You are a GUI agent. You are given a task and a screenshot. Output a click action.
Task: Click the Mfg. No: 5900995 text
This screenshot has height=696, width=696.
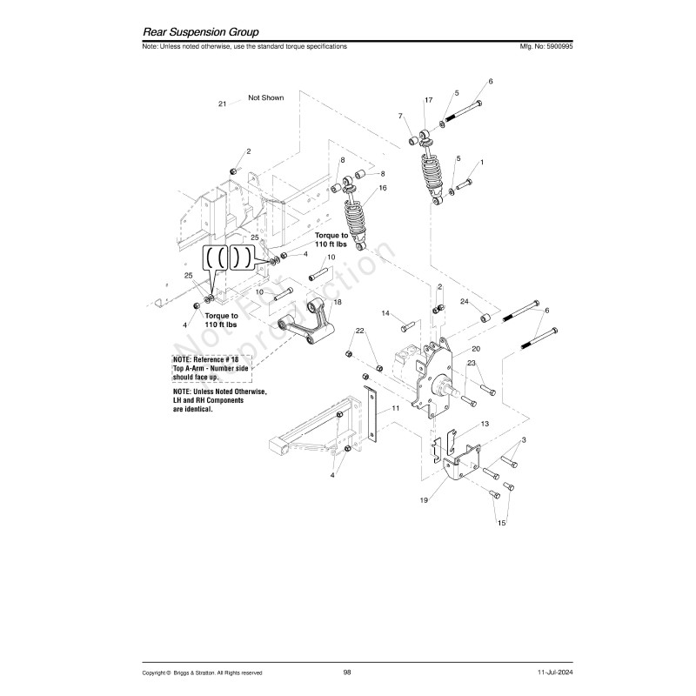coord(545,46)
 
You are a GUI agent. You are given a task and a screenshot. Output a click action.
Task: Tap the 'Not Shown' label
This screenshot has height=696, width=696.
coord(266,98)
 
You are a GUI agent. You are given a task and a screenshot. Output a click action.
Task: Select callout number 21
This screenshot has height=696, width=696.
coord(223,104)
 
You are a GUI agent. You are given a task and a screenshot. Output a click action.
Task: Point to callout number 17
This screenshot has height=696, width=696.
coord(428,101)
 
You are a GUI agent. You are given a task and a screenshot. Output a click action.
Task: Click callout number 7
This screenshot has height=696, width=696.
coord(401,116)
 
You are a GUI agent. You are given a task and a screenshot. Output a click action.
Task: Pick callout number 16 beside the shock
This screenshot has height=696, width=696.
coord(383,188)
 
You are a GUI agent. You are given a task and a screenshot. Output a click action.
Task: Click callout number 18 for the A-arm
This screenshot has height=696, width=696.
coord(338,301)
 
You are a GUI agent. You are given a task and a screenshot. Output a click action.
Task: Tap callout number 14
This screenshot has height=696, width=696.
coord(385,312)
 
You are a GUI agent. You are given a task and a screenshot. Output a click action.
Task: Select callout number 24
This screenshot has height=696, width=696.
coord(465,302)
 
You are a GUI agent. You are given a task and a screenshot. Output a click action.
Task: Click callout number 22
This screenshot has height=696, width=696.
coord(359,331)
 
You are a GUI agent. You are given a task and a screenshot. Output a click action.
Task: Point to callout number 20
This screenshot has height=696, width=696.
coord(476,348)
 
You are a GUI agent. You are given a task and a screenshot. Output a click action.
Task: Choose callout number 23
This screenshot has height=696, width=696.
coord(471,363)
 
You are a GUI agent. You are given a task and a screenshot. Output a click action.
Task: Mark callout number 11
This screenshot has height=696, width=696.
coord(395,407)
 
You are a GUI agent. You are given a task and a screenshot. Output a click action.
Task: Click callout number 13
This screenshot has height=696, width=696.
coord(485,423)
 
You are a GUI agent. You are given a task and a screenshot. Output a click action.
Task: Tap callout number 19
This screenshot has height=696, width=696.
coord(424,501)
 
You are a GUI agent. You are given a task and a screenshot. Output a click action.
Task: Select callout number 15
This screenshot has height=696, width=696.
coord(501,524)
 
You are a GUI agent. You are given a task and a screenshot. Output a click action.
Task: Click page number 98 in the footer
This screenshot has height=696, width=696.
coord(347,672)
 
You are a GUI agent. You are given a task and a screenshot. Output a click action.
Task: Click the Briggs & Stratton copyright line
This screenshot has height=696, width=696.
coord(203,673)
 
